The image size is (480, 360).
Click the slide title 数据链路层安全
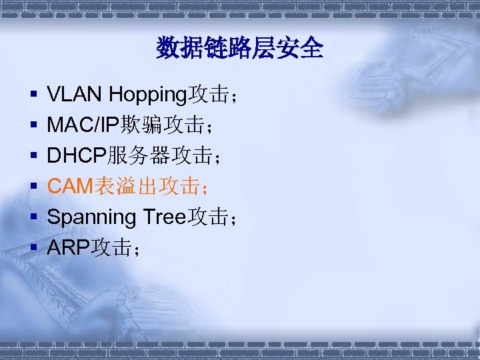pyautogui.click(x=240, y=48)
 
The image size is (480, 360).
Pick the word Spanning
pyautogui.click(x=91, y=217)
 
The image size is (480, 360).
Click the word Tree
pyautogui.click(x=165, y=217)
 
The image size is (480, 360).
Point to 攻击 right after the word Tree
pyautogui.click(x=209, y=217)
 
